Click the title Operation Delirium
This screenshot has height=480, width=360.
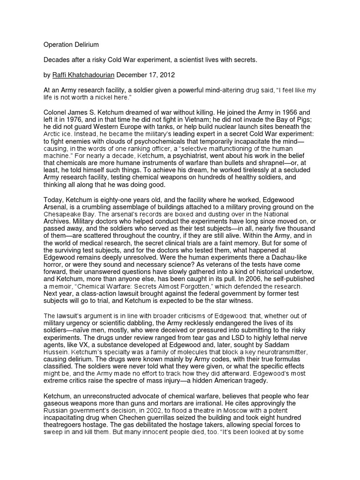(x=72, y=45)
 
